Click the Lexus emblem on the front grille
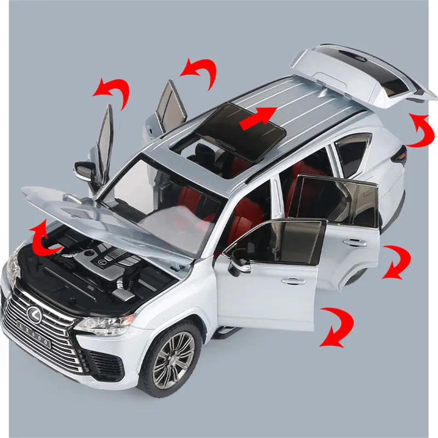coord(34,313)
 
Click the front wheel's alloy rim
coord(174,358)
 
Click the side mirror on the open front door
coord(239,262)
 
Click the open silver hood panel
coord(104,216)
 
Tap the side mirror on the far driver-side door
coord(83,170)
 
